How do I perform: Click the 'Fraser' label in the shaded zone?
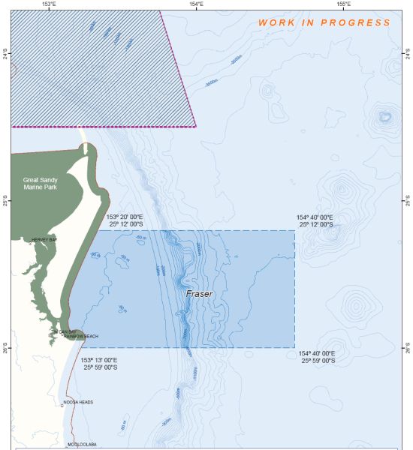(199, 295)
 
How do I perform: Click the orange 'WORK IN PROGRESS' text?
(324, 22)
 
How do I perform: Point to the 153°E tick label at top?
(50, 4)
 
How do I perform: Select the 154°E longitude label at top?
(195, 4)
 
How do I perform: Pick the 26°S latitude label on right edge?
(408, 349)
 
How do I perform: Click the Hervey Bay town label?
(44, 240)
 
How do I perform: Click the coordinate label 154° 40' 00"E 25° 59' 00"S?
(317, 357)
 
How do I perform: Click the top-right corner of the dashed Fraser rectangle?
(294, 230)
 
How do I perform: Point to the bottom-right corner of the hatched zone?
(196, 127)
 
